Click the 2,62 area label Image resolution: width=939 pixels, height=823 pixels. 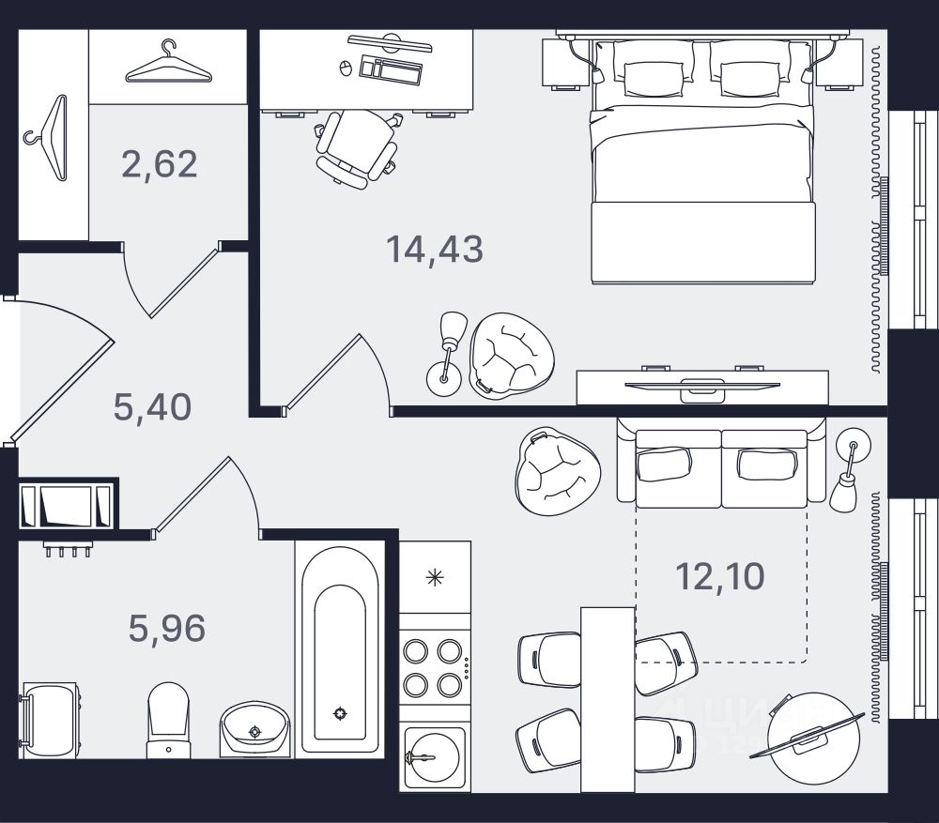160,164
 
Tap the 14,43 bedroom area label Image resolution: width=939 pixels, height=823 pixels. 435,250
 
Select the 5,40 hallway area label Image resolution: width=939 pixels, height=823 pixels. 152,407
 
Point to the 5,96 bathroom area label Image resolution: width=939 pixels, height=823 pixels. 167,628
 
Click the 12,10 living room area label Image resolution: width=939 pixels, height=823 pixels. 720,575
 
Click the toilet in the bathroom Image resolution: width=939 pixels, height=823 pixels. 168,718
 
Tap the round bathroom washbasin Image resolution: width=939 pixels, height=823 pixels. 254,728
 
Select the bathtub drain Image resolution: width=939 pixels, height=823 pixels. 340,713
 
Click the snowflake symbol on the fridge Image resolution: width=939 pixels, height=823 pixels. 434,577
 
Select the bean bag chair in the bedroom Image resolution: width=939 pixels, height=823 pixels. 512,355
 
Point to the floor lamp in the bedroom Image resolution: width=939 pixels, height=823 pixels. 449,352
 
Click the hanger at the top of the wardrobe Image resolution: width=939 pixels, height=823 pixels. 167,64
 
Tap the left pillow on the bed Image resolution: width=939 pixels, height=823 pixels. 656,77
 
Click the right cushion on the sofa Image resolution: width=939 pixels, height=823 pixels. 765,464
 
